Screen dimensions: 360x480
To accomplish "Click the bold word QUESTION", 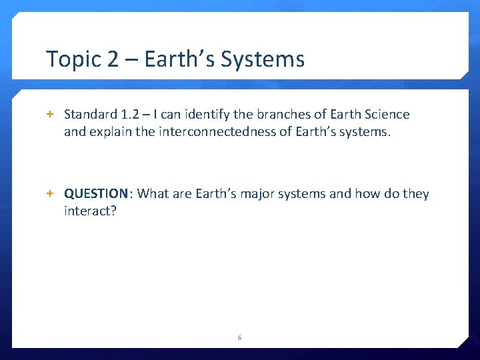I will point(96,194).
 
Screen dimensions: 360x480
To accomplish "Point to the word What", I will point(153,194).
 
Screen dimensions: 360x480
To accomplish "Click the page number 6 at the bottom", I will point(239,338).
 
